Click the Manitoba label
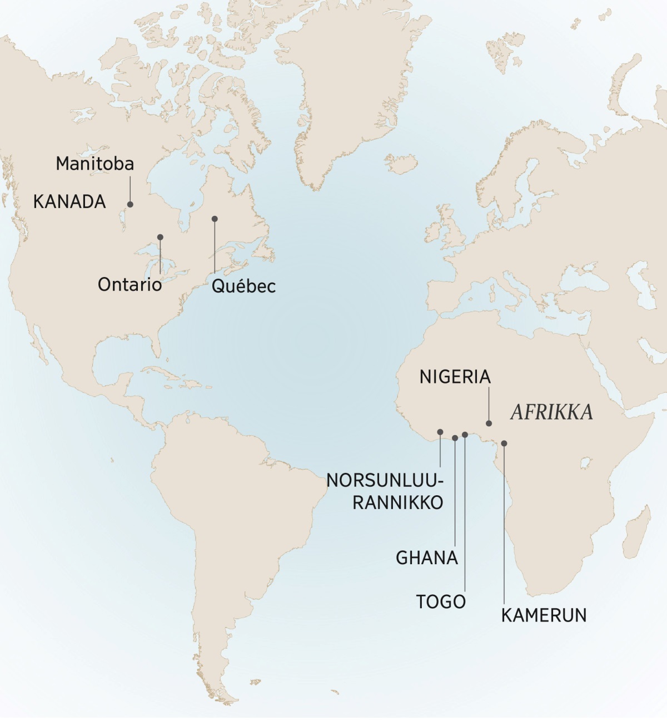95,164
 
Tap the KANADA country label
69,201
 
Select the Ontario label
130,285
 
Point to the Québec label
243,286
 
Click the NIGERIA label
455,377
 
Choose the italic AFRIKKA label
551,412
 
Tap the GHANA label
427,558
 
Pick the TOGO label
441,601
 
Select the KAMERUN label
544,615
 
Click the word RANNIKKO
398,502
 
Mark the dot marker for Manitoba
131,204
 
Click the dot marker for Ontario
160,237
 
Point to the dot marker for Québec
215,219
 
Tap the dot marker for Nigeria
489,423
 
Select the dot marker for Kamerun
504,443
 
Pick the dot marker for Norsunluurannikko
440,432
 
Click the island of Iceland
399,165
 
